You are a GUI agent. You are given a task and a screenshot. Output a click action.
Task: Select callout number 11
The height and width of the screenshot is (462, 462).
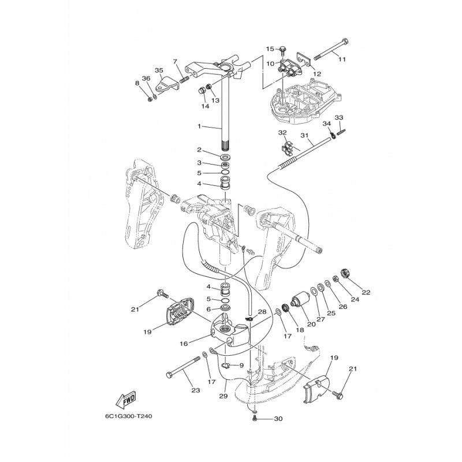(341, 59)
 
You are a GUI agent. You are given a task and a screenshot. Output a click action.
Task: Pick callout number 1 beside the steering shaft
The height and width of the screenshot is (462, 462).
(199, 126)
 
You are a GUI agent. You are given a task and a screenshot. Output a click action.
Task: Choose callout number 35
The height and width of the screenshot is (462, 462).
(143, 70)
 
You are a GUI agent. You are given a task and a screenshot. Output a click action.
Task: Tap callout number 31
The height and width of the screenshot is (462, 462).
(303, 136)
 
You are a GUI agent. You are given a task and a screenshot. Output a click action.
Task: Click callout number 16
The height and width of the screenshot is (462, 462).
(184, 343)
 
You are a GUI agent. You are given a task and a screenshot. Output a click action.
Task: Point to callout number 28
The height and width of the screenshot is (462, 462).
(262, 312)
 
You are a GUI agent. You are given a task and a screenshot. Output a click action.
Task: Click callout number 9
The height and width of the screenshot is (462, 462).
(241, 366)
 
